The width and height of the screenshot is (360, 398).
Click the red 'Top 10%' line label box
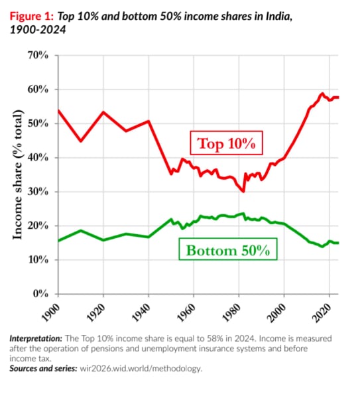(x=227, y=143)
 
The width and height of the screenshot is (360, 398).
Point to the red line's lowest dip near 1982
(x=243, y=191)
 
